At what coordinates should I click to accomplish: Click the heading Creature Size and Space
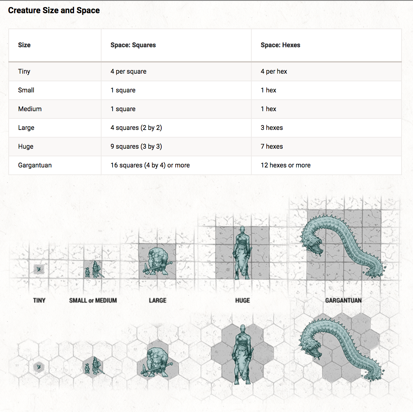tap(54, 10)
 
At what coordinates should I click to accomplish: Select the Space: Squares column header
tap(133, 45)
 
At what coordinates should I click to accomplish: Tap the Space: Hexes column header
tap(280, 45)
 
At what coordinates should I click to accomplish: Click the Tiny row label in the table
tap(24, 72)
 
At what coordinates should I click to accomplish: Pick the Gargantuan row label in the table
tap(35, 165)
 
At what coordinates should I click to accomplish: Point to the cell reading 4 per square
tap(128, 72)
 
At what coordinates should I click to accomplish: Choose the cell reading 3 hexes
tap(272, 128)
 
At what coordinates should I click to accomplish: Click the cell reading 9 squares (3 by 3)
tap(136, 147)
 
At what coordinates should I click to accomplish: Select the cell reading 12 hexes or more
tap(285, 165)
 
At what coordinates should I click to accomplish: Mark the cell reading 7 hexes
tap(272, 147)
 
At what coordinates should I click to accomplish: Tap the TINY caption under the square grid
tap(39, 300)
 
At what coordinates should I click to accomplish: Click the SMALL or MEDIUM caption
tap(93, 300)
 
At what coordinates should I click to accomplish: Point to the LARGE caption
tap(157, 300)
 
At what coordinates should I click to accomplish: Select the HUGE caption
tap(242, 300)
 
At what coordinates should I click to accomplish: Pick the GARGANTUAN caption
tap(343, 300)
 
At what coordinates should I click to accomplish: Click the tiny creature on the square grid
tap(39, 269)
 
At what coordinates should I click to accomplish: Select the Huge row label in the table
tap(26, 147)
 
